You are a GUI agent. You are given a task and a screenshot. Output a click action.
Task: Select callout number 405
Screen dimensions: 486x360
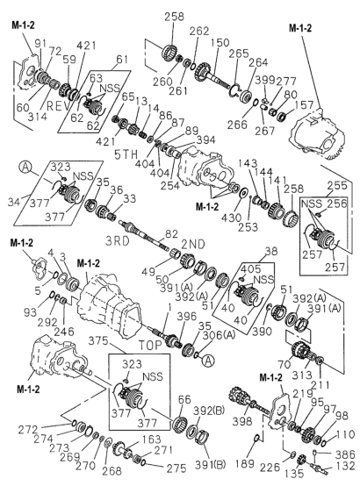[250, 268]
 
